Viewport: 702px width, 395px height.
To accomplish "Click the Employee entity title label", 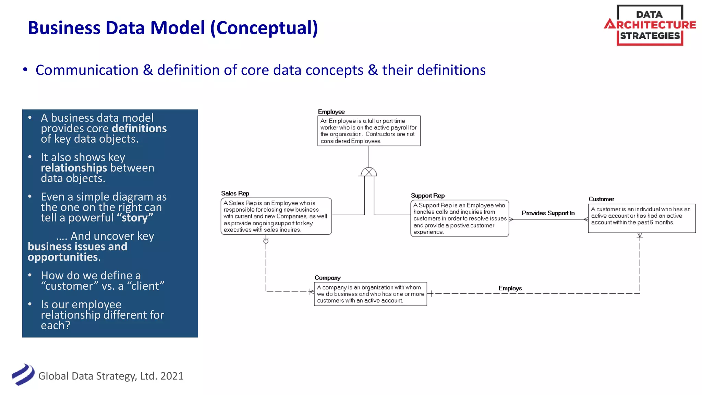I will point(331,112).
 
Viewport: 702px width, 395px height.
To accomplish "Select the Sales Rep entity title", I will point(235,193).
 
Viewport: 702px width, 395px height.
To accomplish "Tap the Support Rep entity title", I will point(427,196).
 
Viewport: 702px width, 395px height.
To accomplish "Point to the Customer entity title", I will point(601,199).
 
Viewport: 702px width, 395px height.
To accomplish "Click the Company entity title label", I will point(327,278).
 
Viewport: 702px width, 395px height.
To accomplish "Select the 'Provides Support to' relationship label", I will point(548,213).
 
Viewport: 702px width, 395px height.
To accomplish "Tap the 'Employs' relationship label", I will point(510,288).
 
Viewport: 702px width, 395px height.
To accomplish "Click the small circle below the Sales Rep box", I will point(266,241).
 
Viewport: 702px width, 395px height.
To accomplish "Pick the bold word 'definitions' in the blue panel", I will point(139,129).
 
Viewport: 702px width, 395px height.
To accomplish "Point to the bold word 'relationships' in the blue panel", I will point(74,168).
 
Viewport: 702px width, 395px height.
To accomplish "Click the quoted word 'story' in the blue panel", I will point(135,218).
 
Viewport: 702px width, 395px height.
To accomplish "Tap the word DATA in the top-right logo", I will point(649,15).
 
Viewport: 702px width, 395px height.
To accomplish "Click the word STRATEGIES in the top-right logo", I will point(650,36).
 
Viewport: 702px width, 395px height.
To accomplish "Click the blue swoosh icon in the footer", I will point(23,375).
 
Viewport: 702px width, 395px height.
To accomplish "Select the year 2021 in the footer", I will point(172,376).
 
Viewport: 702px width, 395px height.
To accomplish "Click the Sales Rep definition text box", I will point(276,216).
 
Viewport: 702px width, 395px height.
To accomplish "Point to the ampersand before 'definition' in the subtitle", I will point(148,70).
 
